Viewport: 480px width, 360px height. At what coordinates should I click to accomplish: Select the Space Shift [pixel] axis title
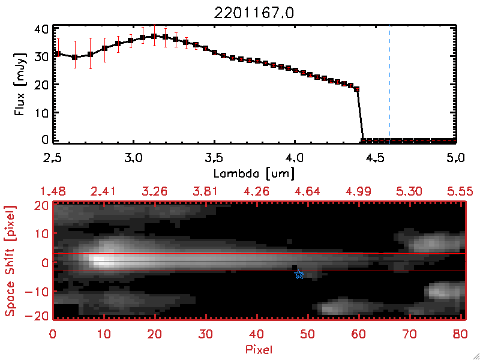pos(10,260)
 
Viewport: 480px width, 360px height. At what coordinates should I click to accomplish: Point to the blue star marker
pos(299,274)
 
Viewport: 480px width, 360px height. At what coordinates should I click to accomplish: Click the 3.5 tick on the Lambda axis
pos(214,158)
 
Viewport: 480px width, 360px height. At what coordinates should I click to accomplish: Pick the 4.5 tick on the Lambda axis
pos(375,158)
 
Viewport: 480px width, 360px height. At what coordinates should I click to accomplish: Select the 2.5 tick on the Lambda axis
pos(53,158)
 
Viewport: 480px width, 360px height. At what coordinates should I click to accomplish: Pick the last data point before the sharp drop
pos(357,89)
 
